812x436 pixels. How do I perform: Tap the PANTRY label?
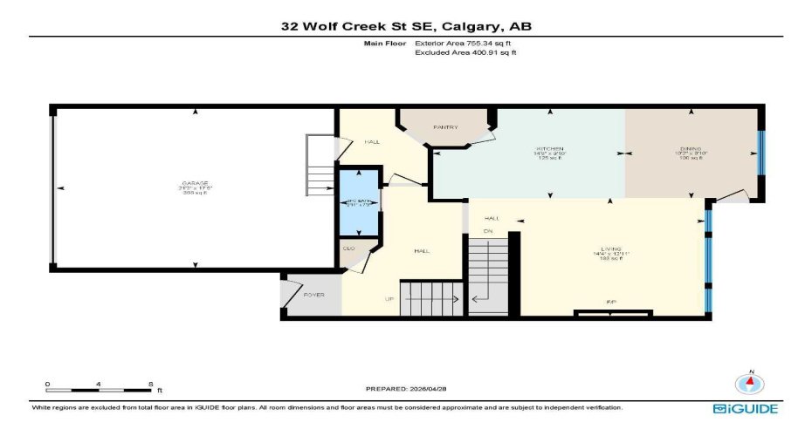point(445,127)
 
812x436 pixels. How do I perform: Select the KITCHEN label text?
point(549,148)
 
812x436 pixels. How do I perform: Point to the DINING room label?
point(692,148)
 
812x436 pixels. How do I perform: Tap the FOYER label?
point(313,295)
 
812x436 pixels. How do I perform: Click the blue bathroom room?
point(359,202)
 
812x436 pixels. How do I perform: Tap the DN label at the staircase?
point(490,230)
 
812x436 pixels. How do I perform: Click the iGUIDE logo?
point(745,408)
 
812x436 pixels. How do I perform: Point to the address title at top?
point(406,26)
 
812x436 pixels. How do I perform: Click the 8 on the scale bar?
point(151,384)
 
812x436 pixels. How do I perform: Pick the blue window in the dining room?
point(760,153)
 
